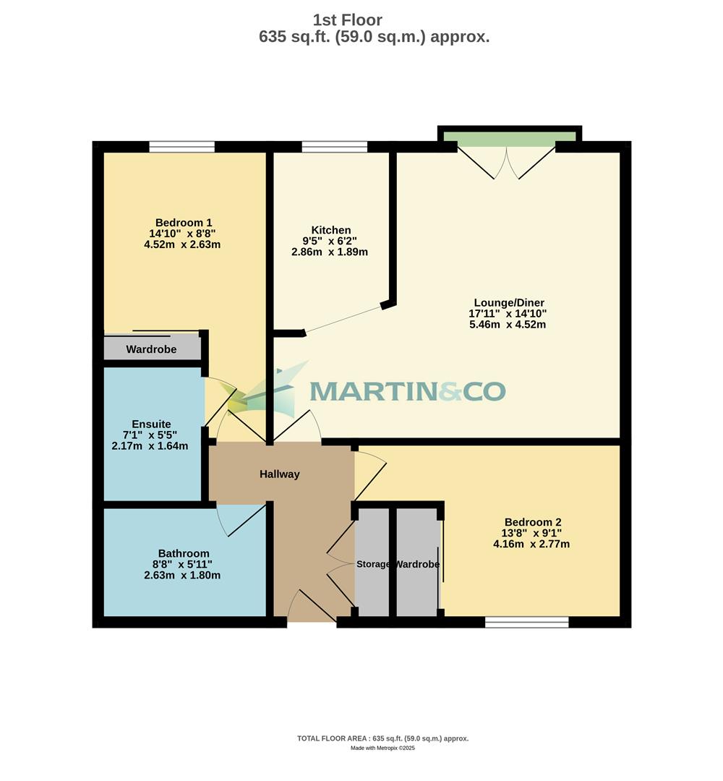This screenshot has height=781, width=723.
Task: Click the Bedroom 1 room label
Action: click(184, 223)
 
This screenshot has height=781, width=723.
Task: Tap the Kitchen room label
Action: click(331, 230)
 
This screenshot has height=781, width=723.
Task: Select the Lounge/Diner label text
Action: click(509, 302)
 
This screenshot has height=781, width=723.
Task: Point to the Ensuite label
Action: click(151, 424)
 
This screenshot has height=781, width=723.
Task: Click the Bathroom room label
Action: click(184, 553)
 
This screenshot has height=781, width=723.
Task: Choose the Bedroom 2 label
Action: click(533, 522)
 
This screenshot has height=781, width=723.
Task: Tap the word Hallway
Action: click(280, 474)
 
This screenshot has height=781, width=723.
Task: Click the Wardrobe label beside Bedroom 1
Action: click(151, 349)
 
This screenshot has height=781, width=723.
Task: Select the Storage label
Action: click(373, 564)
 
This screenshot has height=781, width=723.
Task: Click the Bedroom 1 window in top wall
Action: click(182, 147)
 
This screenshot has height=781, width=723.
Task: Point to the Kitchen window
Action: click(334, 147)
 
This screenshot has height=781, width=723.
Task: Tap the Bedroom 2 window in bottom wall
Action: click(526, 622)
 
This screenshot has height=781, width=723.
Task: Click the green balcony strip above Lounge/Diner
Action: click(509, 137)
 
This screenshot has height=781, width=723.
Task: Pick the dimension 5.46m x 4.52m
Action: click(508, 325)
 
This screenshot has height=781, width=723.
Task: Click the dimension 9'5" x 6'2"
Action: click(330, 241)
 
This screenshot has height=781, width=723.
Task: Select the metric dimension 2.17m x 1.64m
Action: click(150, 446)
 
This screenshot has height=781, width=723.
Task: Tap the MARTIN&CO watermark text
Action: click(408, 391)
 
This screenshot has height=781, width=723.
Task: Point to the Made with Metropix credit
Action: click(382, 748)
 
